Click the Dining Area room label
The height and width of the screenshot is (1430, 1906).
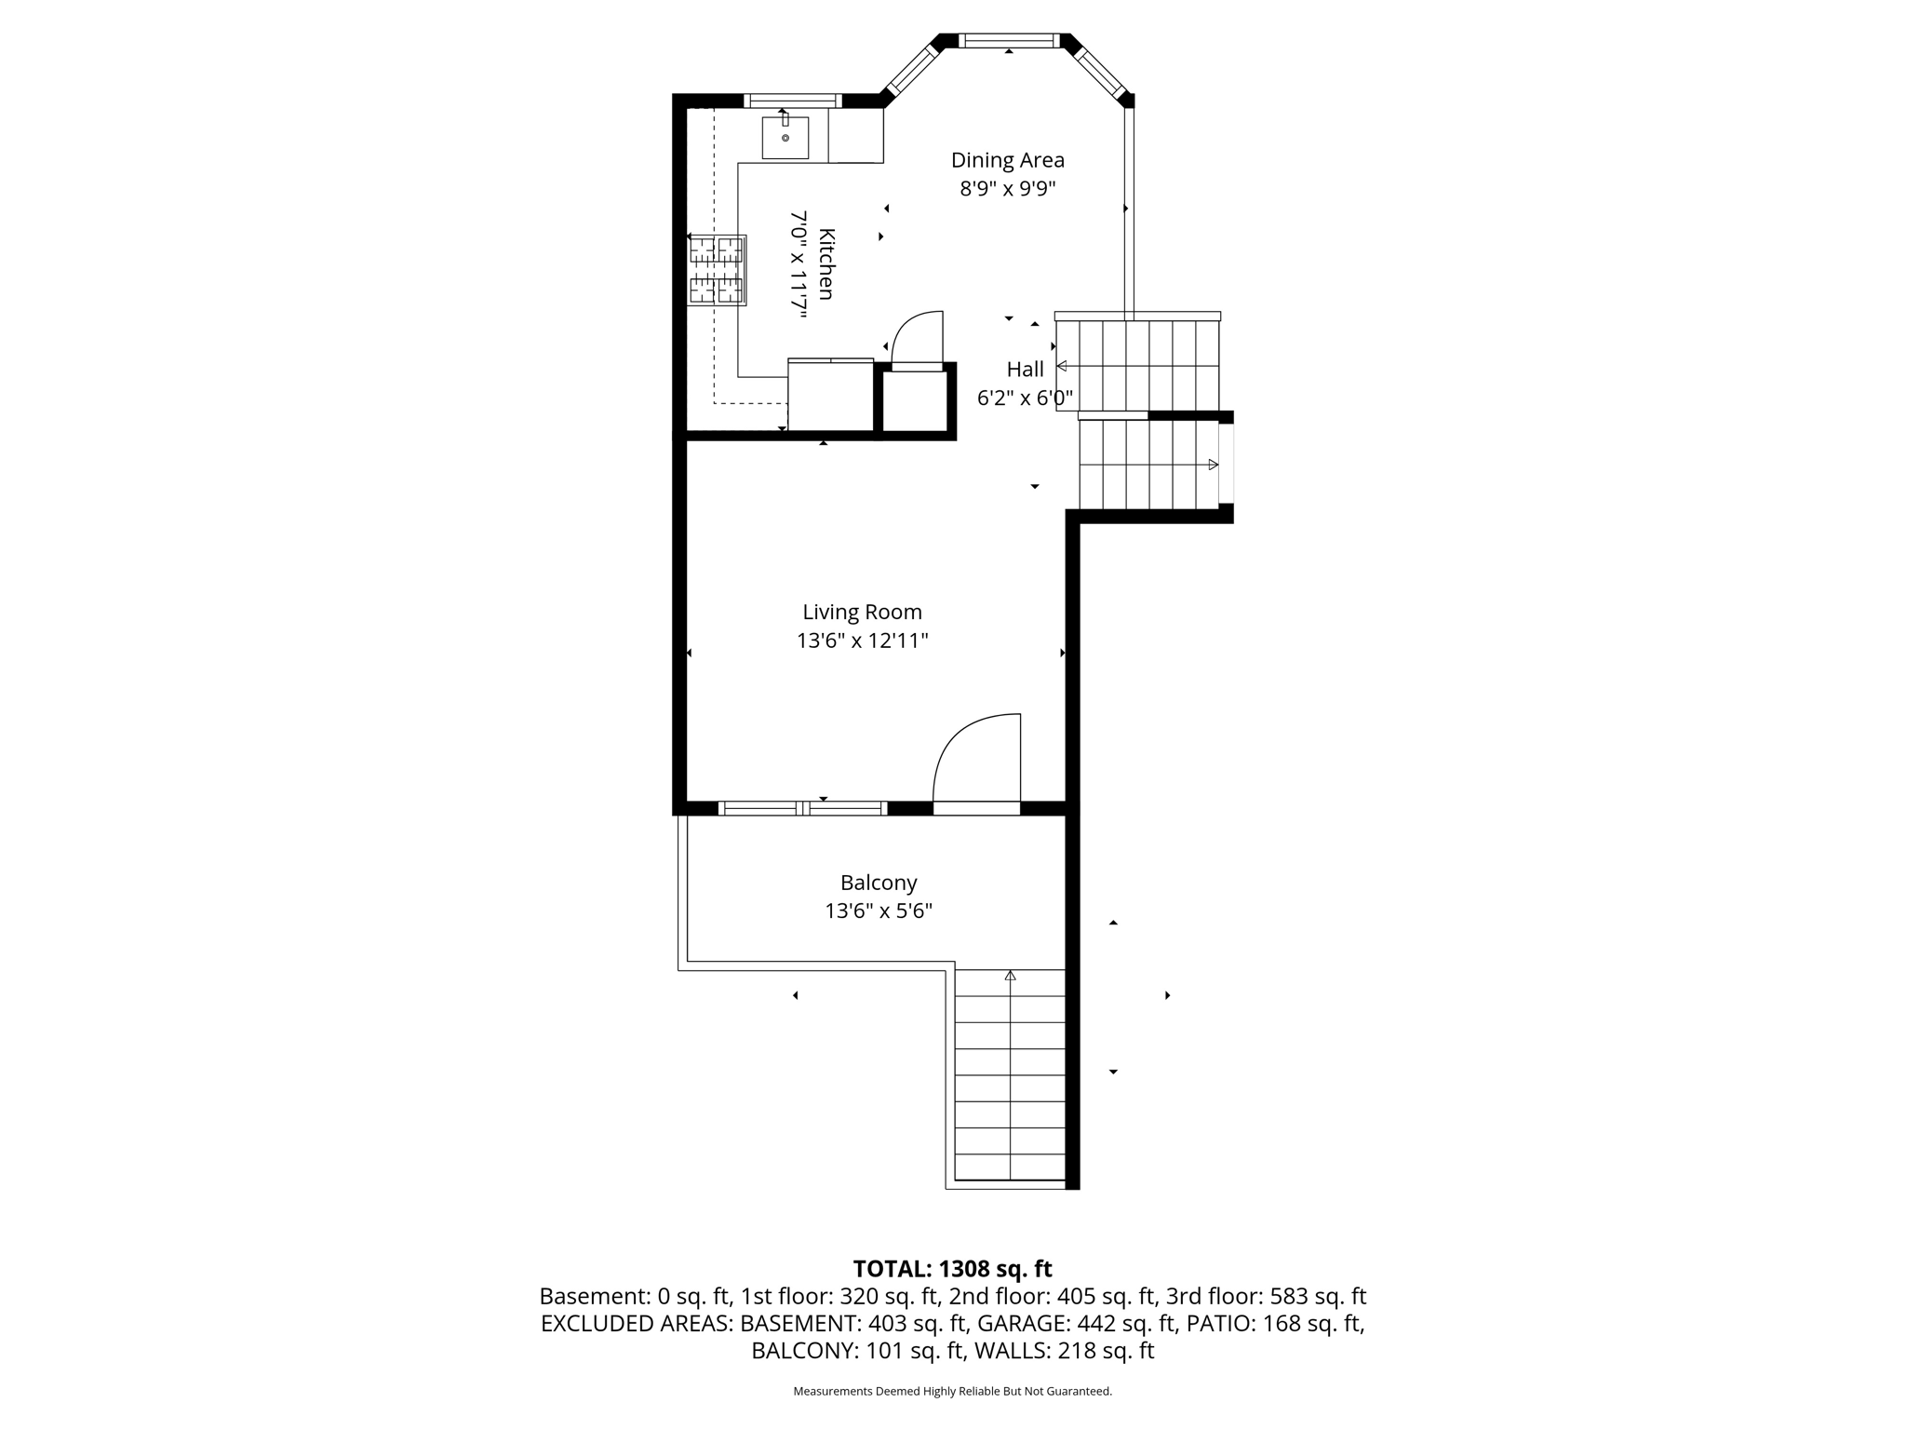tap(1007, 160)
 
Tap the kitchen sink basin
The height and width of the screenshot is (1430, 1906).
tap(785, 138)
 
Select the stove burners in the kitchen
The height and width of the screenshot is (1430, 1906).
tap(716, 270)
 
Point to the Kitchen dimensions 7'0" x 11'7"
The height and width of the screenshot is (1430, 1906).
tap(799, 264)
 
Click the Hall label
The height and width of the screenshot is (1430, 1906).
tap(1025, 370)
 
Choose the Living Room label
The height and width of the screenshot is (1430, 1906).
tap(862, 613)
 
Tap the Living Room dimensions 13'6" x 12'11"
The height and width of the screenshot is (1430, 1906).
tap(862, 641)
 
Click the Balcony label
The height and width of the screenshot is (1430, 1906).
tap(879, 883)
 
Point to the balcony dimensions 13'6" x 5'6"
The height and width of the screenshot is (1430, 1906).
tap(879, 911)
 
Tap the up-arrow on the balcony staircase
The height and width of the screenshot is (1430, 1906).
tap(1010, 976)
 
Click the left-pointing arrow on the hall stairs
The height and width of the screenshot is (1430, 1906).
tap(1061, 366)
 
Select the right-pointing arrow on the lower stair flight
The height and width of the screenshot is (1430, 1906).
tap(1213, 465)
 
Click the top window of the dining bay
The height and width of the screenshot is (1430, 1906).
tap(1009, 41)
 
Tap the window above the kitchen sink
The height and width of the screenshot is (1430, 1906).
tap(792, 101)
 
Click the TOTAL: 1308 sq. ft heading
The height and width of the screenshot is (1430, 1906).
tap(952, 1269)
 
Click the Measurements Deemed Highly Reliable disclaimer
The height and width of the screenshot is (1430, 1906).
tap(952, 1391)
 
